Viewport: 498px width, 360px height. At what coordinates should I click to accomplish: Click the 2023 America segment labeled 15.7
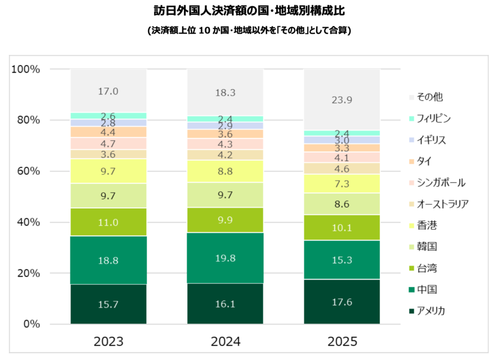click(x=108, y=304)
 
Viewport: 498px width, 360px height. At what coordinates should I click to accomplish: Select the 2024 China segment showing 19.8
click(x=225, y=258)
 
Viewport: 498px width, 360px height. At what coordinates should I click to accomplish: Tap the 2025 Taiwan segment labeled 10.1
click(x=342, y=227)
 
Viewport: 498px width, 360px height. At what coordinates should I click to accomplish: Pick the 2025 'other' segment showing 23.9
click(x=342, y=100)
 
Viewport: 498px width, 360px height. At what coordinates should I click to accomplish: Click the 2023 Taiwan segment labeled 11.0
click(x=108, y=222)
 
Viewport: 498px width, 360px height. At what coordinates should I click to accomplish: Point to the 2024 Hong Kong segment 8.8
click(x=225, y=171)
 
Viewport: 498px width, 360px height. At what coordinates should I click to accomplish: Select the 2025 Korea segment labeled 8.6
click(x=342, y=204)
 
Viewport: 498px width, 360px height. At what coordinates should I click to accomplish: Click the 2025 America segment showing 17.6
click(x=342, y=302)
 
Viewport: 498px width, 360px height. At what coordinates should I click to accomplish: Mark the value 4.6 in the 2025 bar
click(x=342, y=168)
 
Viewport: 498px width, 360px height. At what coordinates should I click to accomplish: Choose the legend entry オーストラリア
click(x=439, y=204)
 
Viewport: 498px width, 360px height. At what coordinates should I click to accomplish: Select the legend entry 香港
click(x=424, y=225)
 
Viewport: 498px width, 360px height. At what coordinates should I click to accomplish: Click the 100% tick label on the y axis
click(x=25, y=69)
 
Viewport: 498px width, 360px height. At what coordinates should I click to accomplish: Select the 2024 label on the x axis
click(x=225, y=341)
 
